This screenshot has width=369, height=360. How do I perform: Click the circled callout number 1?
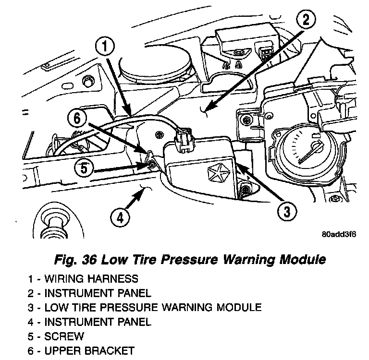click(106, 48)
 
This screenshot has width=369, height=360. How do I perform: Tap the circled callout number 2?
click(306, 21)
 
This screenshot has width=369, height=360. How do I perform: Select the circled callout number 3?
click(285, 211)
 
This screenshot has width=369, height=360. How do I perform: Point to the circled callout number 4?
click(120, 218)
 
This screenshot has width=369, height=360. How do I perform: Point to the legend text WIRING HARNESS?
click(91, 279)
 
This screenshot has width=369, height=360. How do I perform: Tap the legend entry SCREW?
click(64, 336)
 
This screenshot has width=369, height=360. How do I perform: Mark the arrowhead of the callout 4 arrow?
click(144, 191)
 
